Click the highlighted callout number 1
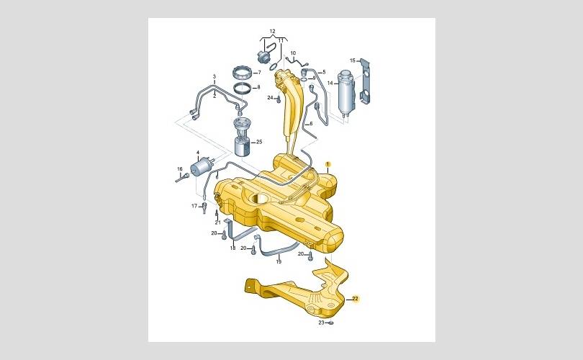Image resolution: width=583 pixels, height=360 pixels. pyautogui.click(x=327, y=164)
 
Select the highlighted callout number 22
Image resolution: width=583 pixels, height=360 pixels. pyautogui.click(x=355, y=298)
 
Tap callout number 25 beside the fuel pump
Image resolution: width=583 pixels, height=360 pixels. pyautogui.click(x=259, y=142)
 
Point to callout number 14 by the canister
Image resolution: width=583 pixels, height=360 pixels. pyautogui.click(x=330, y=83)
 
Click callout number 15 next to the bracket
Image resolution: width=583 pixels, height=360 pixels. pyautogui.click(x=353, y=60)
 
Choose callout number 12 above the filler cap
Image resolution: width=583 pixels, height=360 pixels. pyautogui.click(x=272, y=31)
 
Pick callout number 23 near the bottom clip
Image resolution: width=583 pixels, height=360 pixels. pyautogui.click(x=321, y=323)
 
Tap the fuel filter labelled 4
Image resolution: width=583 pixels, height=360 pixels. pyautogui.click(x=201, y=167)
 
